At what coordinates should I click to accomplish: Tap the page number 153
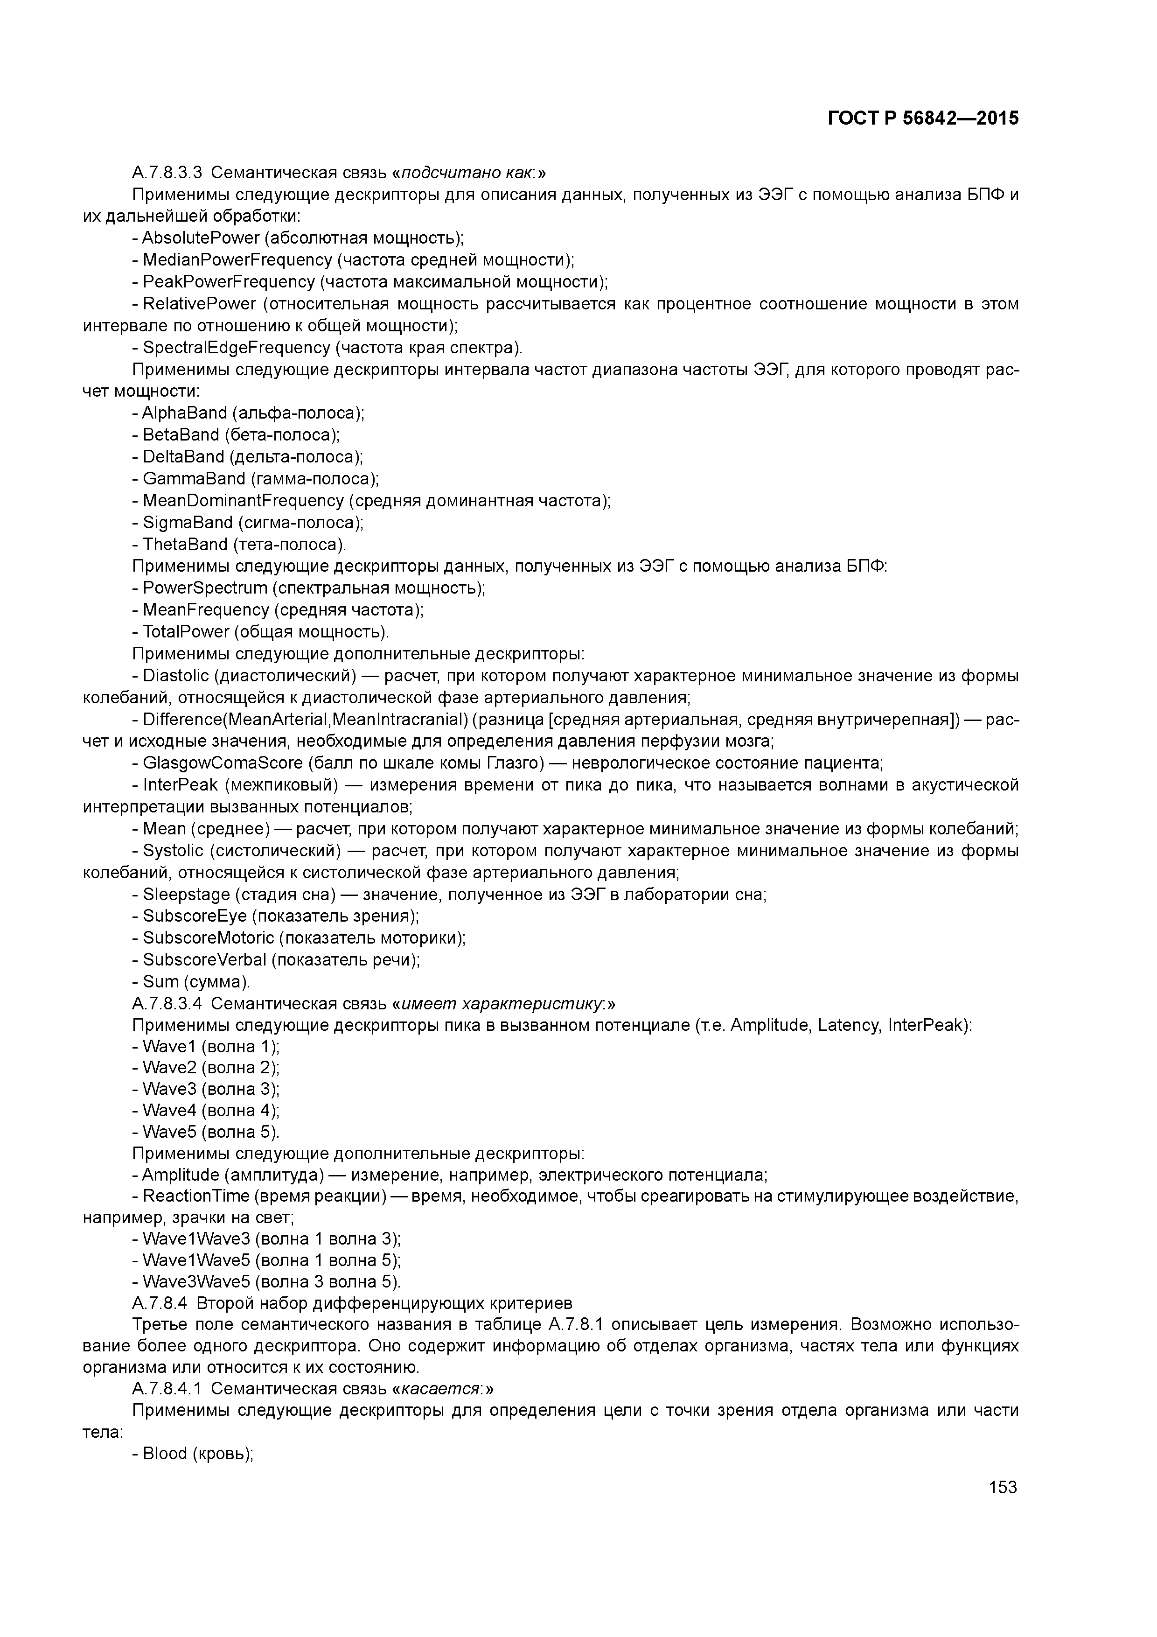[x=1002, y=1487]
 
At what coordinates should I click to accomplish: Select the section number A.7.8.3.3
[x=167, y=173]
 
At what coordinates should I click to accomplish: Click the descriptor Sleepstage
[x=186, y=895]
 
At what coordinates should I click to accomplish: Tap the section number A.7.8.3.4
[x=167, y=1004]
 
